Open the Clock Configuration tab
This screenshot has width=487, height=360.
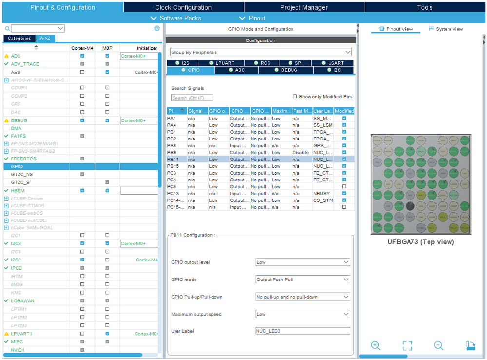pos(183,7)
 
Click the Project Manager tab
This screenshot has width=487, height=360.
pos(304,7)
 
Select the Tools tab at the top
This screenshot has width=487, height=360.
pos(425,7)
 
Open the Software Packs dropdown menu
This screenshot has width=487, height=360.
pos(176,18)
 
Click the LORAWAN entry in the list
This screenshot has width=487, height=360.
pos(22,301)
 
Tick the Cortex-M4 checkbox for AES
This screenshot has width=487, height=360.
pos(82,72)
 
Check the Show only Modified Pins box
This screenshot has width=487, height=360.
pos(295,97)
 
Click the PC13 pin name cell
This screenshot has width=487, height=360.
pos(173,194)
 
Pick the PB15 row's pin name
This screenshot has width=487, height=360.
pos(173,166)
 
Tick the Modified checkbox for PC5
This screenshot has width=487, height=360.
pos(344,187)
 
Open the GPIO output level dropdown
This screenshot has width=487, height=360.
pos(303,262)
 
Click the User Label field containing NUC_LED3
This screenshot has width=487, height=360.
pos(303,331)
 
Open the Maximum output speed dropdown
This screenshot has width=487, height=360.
pos(303,314)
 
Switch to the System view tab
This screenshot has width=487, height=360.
pos(446,29)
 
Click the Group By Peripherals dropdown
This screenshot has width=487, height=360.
pos(261,52)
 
